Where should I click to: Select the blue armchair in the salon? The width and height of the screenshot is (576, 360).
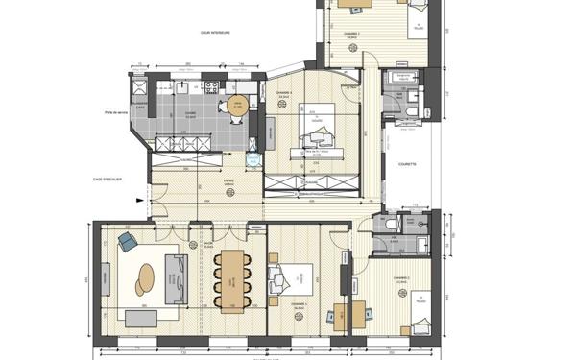(x=126, y=240)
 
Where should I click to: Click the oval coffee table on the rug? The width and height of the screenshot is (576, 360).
(x=145, y=278)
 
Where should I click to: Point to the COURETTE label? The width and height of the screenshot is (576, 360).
(x=407, y=164)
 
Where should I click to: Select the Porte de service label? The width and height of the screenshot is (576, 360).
(x=117, y=112)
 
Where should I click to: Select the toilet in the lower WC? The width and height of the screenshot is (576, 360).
(x=397, y=223)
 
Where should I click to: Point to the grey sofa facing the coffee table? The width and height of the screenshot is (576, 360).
(x=176, y=276)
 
